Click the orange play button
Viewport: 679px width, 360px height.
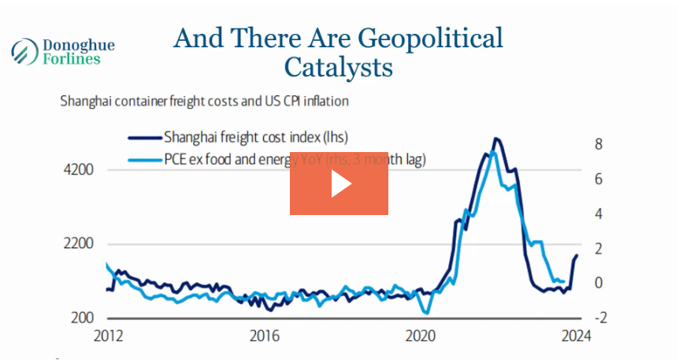click(x=339, y=183)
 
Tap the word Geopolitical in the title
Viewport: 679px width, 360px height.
click(x=429, y=38)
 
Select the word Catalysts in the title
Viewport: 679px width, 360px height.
click(x=338, y=67)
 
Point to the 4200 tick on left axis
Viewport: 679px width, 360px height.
click(x=79, y=170)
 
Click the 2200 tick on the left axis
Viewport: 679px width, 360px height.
click(x=79, y=244)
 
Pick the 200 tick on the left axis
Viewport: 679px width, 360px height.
click(x=82, y=317)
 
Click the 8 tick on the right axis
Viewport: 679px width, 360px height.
click(x=599, y=144)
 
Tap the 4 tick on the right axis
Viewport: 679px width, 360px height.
click(x=599, y=213)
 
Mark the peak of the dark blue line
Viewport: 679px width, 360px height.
click(x=495, y=139)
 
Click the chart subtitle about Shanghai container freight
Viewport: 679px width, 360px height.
click(x=204, y=102)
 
